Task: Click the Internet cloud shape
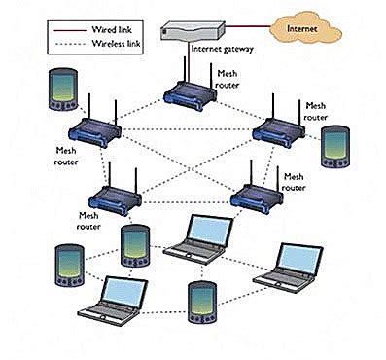(301, 29)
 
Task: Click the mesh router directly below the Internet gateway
(190, 93)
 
